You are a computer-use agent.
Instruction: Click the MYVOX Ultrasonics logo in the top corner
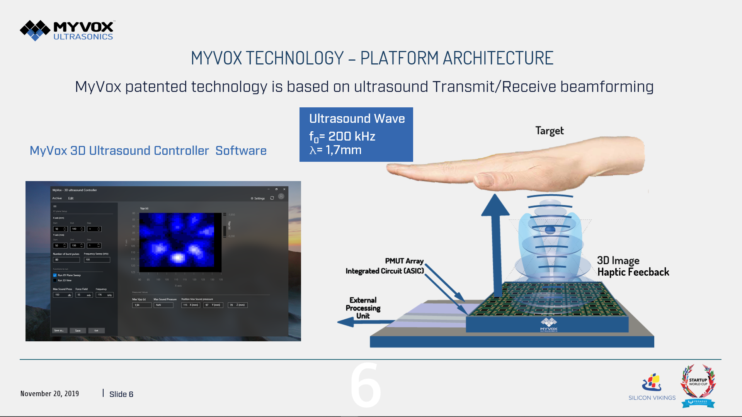68,30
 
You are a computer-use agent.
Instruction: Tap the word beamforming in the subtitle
607,87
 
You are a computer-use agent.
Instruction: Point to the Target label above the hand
549,131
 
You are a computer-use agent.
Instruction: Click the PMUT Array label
404,261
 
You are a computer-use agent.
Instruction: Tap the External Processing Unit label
363,308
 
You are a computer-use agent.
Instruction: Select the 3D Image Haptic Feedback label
633,266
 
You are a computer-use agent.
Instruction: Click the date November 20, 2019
49,394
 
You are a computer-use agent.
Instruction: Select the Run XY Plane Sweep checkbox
55,275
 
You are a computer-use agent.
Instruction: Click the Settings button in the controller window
258,198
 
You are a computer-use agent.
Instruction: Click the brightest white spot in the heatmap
177,258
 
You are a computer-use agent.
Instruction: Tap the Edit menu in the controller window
71,198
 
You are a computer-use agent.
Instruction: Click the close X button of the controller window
284,189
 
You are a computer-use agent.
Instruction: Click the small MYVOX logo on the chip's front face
549,325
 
